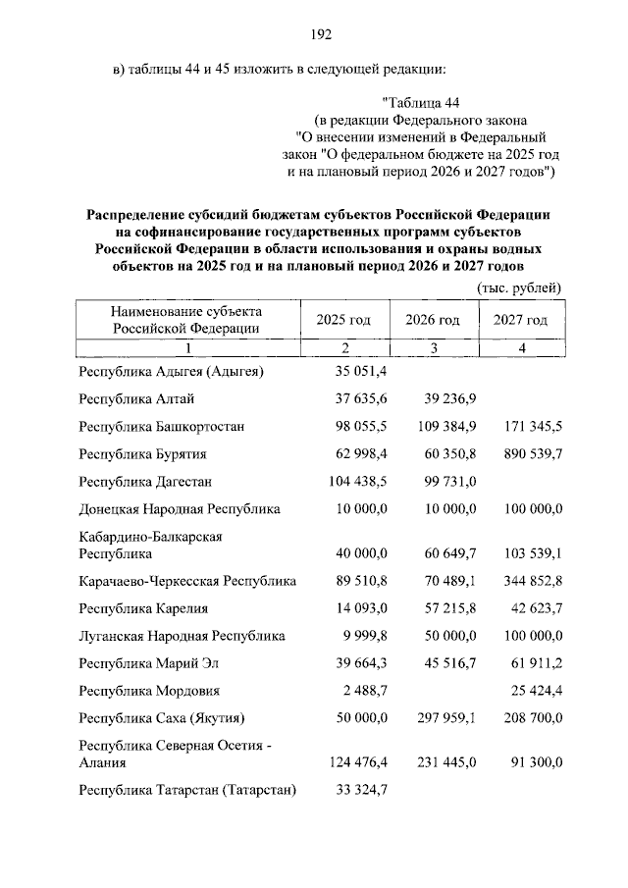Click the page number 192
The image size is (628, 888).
[321, 35]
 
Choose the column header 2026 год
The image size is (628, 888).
[432, 320]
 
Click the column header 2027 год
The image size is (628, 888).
[521, 320]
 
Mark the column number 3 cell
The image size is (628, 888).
[432, 348]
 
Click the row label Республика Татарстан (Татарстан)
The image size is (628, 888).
[188, 789]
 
